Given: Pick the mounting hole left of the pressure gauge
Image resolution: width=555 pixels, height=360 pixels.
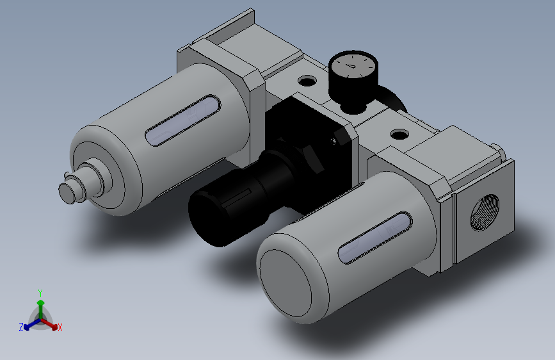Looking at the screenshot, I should tap(308, 81).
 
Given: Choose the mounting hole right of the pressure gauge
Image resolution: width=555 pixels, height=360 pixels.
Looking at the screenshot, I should tap(400, 135).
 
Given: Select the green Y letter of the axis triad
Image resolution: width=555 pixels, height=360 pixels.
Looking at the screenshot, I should tap(40, 292).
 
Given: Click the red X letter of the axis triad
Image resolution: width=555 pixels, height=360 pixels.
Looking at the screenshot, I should tap(60, 328).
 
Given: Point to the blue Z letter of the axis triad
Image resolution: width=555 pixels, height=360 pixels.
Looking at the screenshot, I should tap(21, 327).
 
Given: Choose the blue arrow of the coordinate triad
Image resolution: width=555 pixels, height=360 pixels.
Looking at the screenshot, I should tap(29, 323).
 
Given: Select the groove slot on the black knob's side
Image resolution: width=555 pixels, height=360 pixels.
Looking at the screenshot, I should tap(245, 190).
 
